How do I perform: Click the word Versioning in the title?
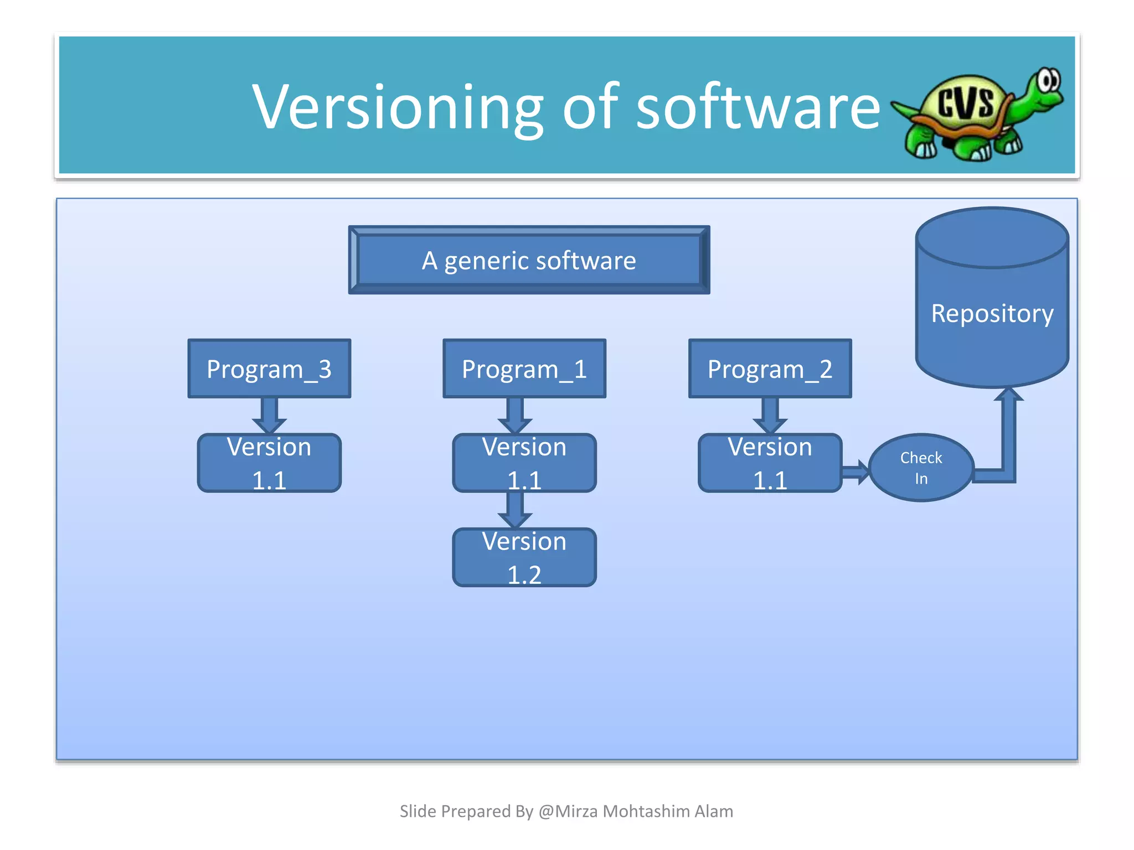398,107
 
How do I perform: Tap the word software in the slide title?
757,107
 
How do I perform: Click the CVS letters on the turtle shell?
966,102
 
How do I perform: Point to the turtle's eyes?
1048,81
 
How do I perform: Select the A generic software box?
529,260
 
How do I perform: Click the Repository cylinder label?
992,313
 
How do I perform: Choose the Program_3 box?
269,369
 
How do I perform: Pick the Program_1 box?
524,369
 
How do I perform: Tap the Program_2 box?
770,369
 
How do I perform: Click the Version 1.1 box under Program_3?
269,463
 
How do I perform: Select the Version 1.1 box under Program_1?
524,463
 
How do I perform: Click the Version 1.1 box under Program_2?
770,463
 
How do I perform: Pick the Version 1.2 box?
524,557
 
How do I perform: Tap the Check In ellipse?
921,468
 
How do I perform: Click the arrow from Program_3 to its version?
269,416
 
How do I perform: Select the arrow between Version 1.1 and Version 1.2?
515,510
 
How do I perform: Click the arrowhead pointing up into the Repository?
1009,395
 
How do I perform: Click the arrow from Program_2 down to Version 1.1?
770,416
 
